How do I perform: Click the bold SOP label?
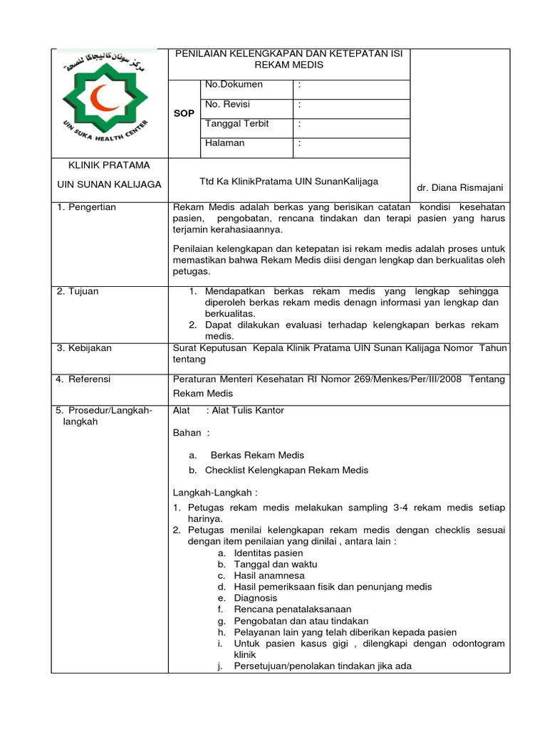(x=184, y=114)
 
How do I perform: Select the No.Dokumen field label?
(x=234, y=85)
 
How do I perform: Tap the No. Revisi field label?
(x=228, y=104)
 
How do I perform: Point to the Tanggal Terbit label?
(x=236, y=123)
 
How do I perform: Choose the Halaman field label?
(x=224, y=143)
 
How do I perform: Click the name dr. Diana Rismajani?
(x=460, y=188)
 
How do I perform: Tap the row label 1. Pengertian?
(x=86, y=207)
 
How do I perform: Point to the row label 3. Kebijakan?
(x=83, y=348)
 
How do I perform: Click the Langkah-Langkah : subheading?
(x=215, y=493)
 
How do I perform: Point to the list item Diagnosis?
(x=256, y=598)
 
